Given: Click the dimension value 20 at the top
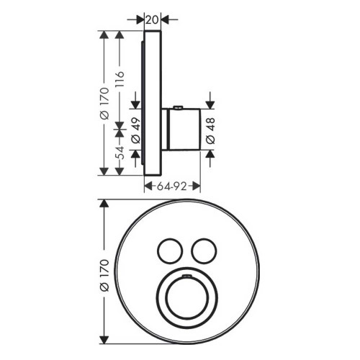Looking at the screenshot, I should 151,20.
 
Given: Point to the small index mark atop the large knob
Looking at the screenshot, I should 186,275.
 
